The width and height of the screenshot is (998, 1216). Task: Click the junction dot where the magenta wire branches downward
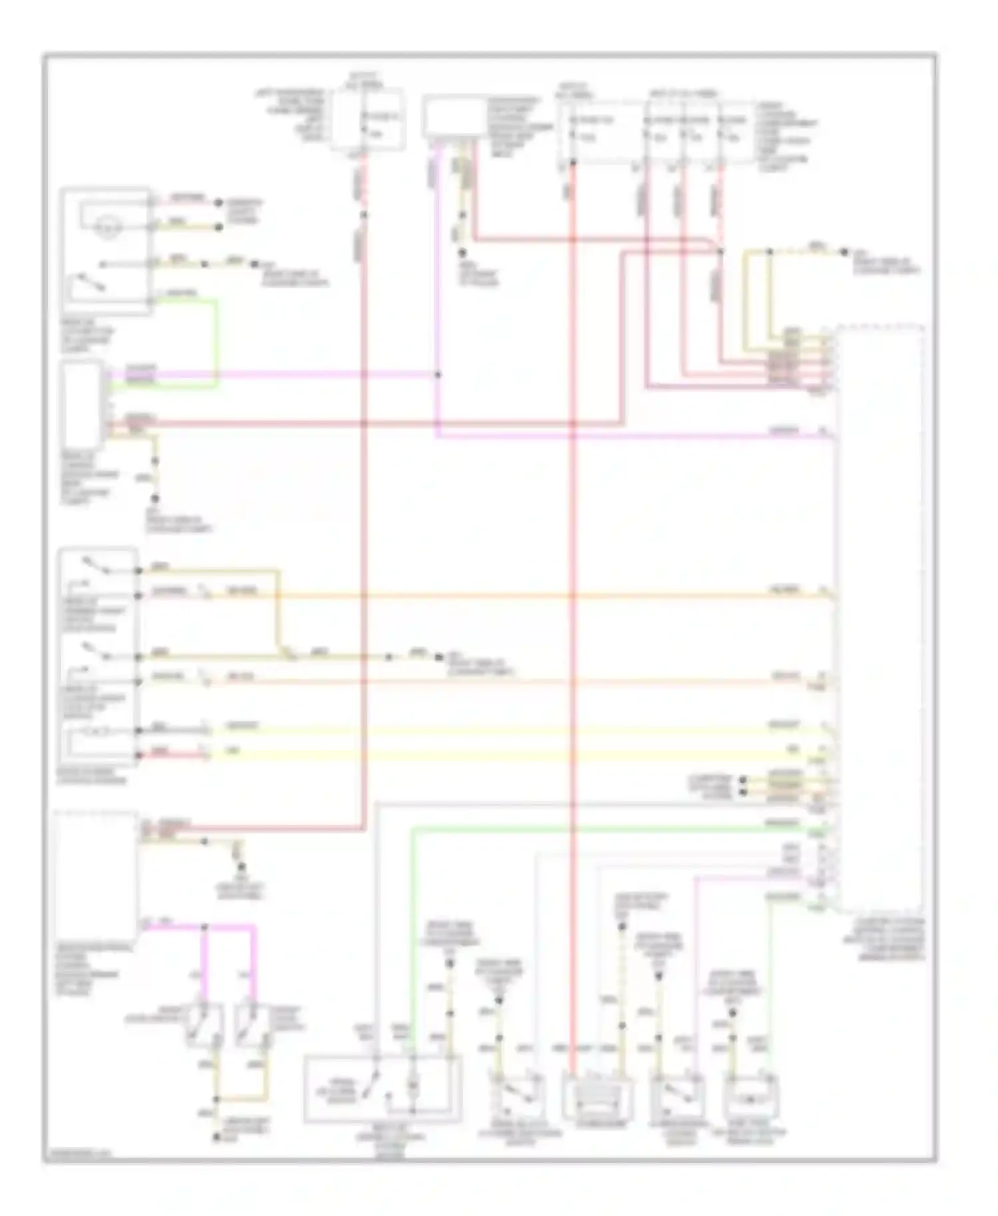(438, 375)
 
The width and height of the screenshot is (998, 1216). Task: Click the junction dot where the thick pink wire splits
(204, 927)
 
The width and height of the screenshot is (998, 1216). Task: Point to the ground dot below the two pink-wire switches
(216, 1138)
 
